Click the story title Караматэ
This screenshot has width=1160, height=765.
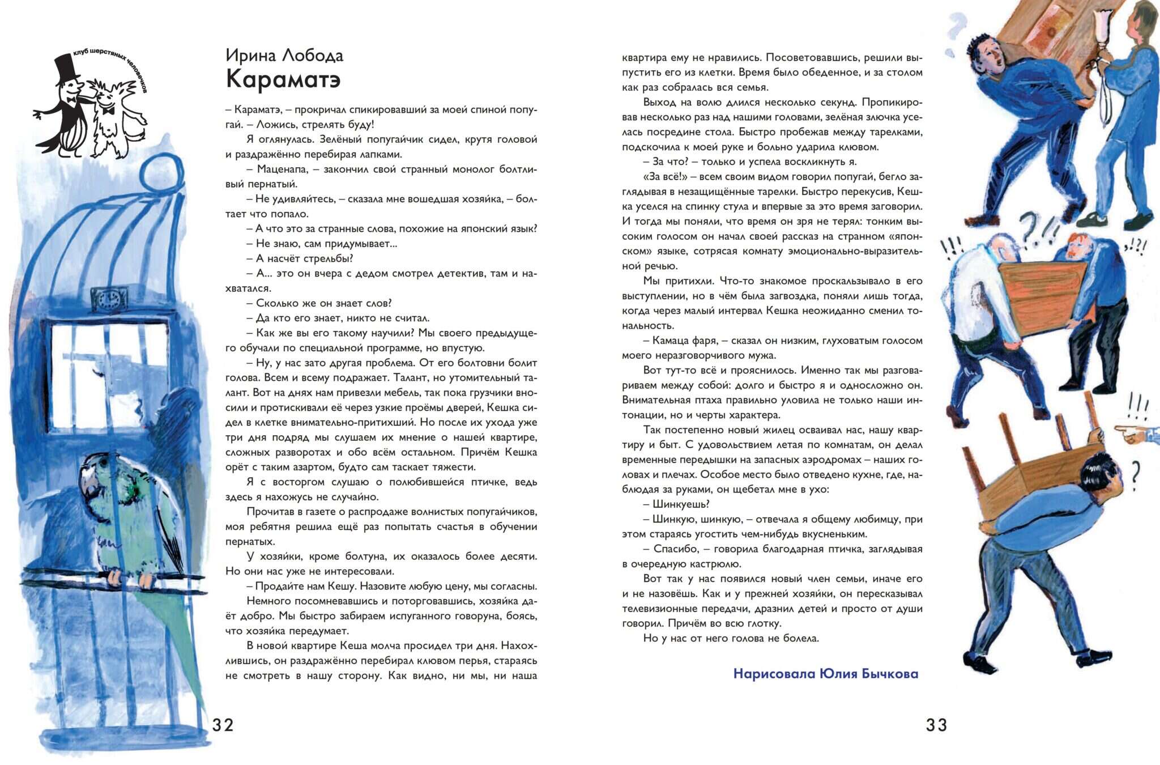[283, 79]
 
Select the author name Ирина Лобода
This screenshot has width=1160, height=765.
[284, 55]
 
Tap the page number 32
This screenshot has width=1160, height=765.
[223, 725]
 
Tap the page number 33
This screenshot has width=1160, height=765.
[936, 725]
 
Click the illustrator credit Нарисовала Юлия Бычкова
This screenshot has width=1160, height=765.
[825, 674]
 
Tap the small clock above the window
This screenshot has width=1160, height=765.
[111, 300]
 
